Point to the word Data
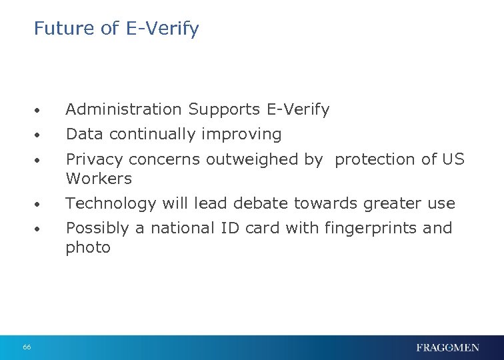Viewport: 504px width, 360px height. (84, 135)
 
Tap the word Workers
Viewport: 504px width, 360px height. (99, 179)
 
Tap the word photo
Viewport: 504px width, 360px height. (87, 248)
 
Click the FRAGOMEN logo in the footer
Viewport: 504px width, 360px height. (447, 347)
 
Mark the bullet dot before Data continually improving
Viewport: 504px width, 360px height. (40, 135)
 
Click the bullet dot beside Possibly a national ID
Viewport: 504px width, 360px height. (40, 229)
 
